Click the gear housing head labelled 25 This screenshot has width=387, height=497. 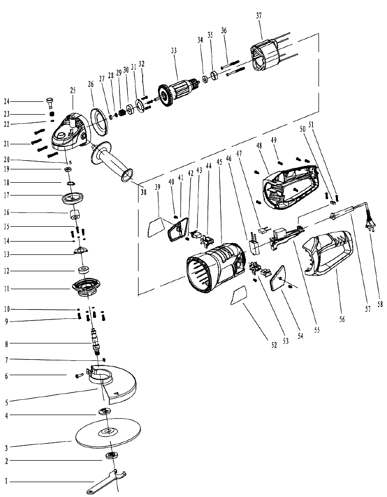[71, 132]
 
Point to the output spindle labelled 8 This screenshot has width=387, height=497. [95, 342]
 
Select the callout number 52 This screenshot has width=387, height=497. [274, 345]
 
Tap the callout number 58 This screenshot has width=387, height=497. [380, 304]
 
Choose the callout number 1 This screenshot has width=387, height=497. [6, 482]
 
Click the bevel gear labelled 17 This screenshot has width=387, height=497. [73, 199]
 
